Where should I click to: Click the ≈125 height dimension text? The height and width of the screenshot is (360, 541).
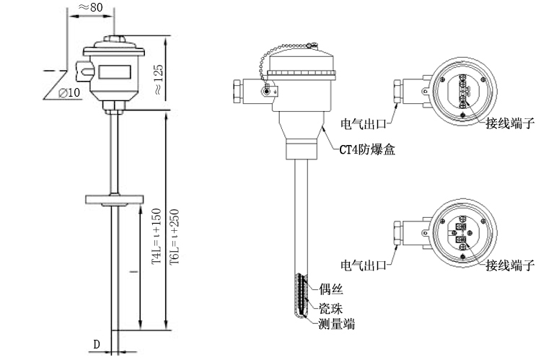(158, 79)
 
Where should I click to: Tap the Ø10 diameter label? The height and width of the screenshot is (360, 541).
(70, 93)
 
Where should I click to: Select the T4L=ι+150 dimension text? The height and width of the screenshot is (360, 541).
(155, 239)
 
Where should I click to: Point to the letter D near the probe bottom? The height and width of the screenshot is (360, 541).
(97, 345)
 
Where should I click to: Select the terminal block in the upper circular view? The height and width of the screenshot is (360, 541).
(462, 93)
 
